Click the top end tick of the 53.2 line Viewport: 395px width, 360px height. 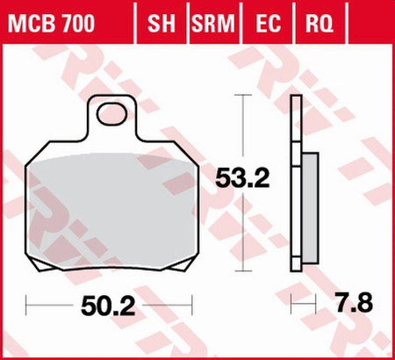point(243,93)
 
